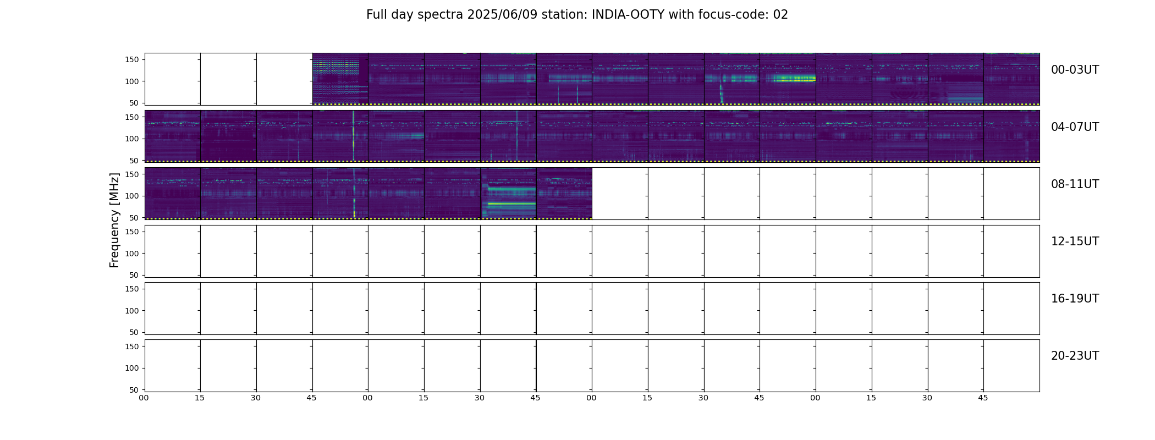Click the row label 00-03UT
[1075, 70]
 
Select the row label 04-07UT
[1075, 127]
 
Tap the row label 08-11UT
[1075, 184]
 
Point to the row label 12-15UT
[1075, 241]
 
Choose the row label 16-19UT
[1075, 299]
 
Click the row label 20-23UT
[1075, 356]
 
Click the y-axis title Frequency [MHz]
[114, 220]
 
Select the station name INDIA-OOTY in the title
[628, 15]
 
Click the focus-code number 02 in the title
[780, 15]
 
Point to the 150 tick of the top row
[131, 60]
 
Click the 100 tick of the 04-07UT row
[131, 139]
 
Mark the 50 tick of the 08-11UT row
[134, 218]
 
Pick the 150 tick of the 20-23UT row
[131, 346]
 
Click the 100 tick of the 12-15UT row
[131, 254]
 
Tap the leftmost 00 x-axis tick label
[144, 398]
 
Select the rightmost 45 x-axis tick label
[983, 398]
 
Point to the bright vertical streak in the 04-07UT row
[353, 135]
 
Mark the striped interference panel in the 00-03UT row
[335, 79]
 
